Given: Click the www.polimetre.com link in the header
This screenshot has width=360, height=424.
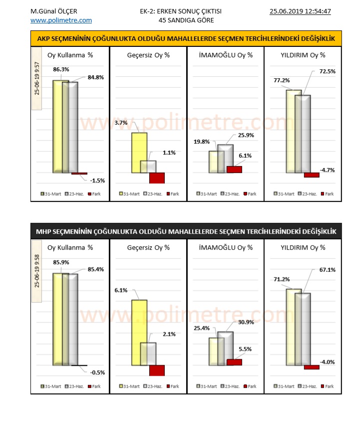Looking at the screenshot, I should pyautogui.click(x=61, y=20).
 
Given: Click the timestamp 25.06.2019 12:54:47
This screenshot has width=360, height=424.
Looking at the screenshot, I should pyautogui.click(x=300, y=11).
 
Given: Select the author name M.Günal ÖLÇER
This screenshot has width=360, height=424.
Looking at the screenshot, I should pyautogui.click(x=50, y=11).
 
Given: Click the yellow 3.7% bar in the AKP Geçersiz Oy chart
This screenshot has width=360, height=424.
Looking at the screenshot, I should pyautogui.click(x=139, y=153).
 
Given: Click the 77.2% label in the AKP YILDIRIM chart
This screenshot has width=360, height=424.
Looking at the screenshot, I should pyautogui.click(x=278, y=80).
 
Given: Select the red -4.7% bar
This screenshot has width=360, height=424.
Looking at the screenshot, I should pyautogui.click(x=312, y=175).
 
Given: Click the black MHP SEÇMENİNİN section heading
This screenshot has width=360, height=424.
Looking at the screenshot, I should pyautogui.click(x=186, y=231).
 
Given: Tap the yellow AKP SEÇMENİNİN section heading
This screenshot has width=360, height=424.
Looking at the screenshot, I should pyautogui.click(x=186, y=38).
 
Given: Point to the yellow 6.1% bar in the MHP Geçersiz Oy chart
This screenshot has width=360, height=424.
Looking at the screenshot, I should pyautogui.click(x=139, y=332).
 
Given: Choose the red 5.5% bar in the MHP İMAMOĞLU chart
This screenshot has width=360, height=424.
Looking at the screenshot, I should pyautogui.click(x=234, y=362).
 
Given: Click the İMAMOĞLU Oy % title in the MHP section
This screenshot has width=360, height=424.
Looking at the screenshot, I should pyautogui.click(x=226, y=247).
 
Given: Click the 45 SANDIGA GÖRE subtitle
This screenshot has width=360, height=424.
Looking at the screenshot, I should pyautogui.click(x=186, y=20).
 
